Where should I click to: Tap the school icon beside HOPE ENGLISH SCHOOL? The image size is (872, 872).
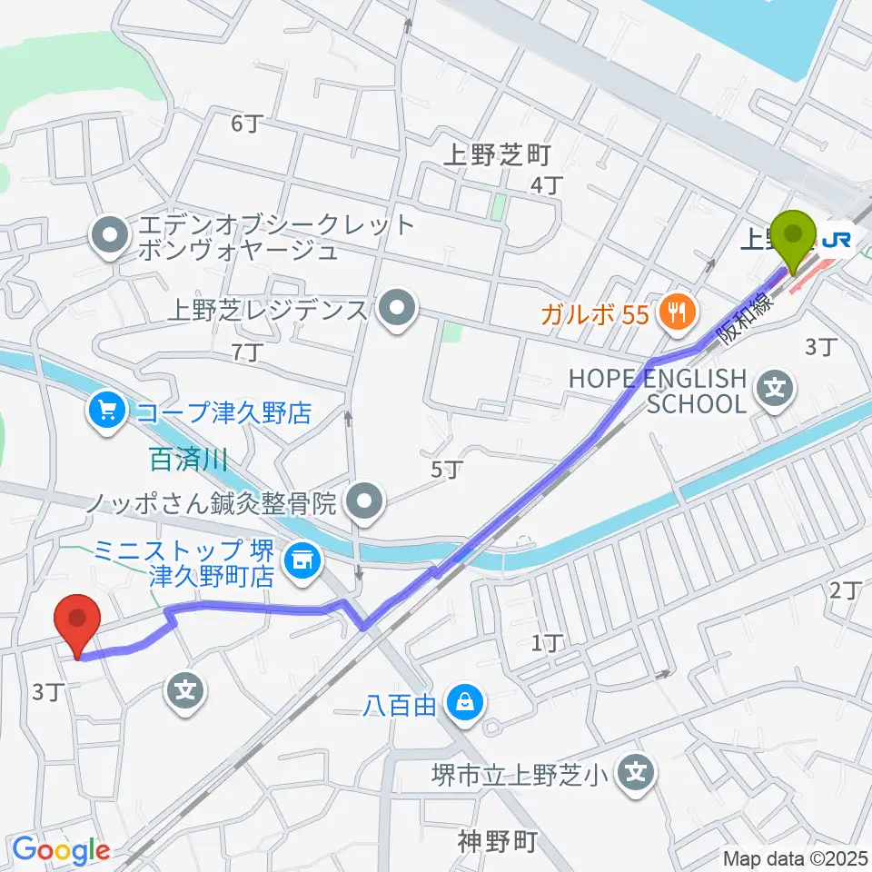point(776,391)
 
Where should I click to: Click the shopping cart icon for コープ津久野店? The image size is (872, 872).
point(107,413)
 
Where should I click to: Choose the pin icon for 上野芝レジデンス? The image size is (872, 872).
point(397,311)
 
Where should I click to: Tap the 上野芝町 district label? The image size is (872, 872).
point(497,156)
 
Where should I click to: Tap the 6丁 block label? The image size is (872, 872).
point(246,124)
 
